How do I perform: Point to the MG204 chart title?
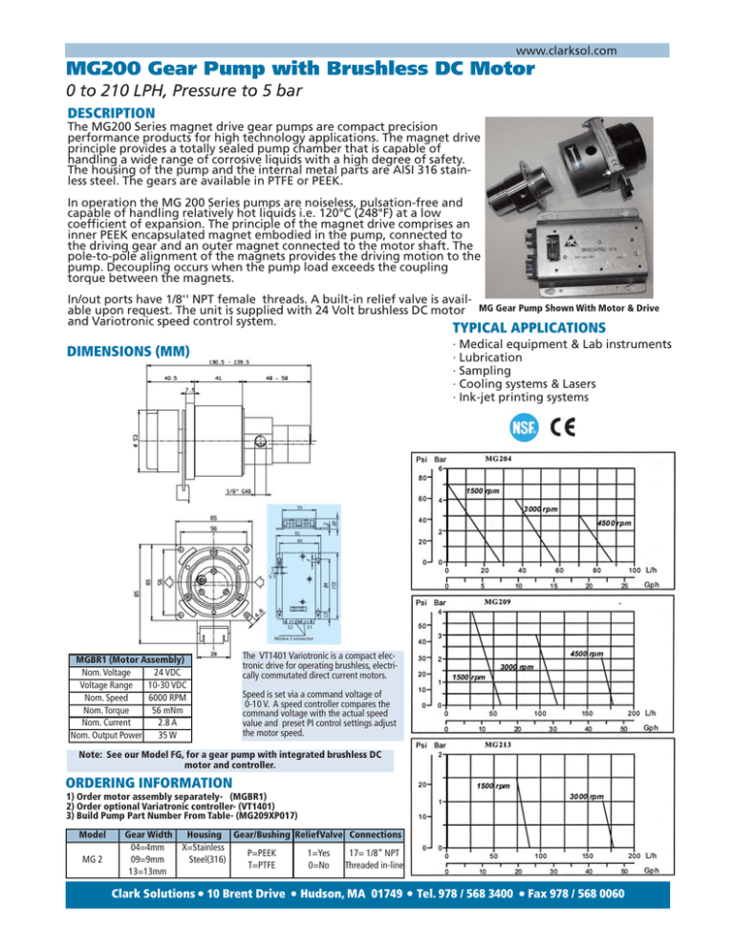point(504,459)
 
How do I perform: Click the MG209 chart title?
point(503,604)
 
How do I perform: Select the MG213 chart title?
point(503,745)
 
